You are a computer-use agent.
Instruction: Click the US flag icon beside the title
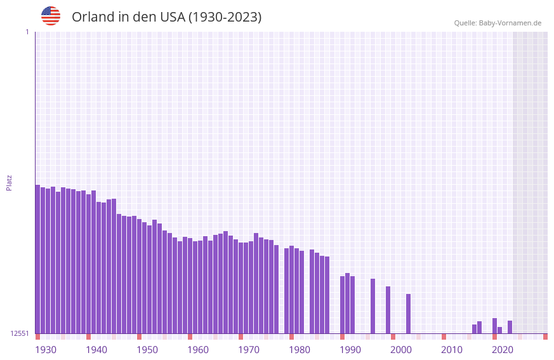tap(51, 16)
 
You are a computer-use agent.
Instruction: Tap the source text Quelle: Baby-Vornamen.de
tap(498, 23)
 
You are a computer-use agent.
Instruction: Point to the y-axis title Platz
tap(9, 182)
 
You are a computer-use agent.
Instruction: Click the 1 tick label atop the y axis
tap(27, 32)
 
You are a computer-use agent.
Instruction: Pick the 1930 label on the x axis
tap(46, 350)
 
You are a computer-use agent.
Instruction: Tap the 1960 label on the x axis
tap(198, 350)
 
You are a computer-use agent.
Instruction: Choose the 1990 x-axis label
tap(350, 350)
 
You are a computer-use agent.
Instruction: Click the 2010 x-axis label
tap(452, 350)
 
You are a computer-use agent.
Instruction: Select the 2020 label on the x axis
tap(503, 350)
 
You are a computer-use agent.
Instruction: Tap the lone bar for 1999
tap(388, 310)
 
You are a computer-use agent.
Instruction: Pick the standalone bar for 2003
tap(408, 314)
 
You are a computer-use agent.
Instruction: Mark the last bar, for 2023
tap(510, 327)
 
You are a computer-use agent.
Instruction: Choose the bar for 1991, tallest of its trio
tap(347, 303)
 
